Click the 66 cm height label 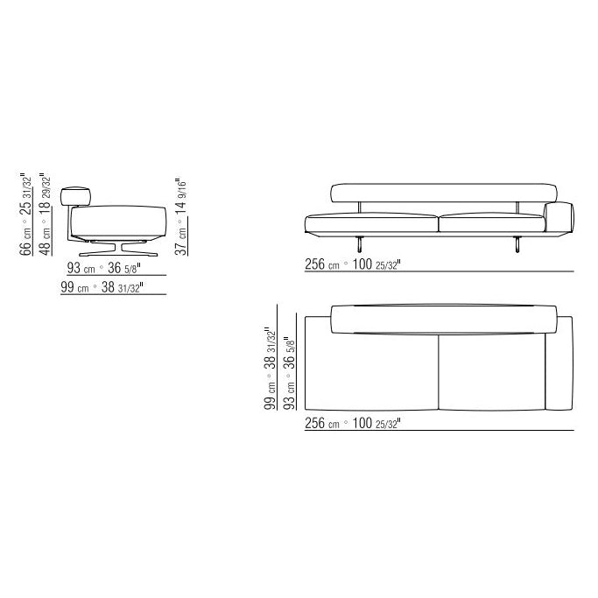pos(26,215)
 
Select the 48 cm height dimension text pos(45,215)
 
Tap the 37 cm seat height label pos(180,216)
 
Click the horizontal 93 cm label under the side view pos(103,268)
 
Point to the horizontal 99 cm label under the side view pos(102,287)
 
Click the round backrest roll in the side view pos(75,196)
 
